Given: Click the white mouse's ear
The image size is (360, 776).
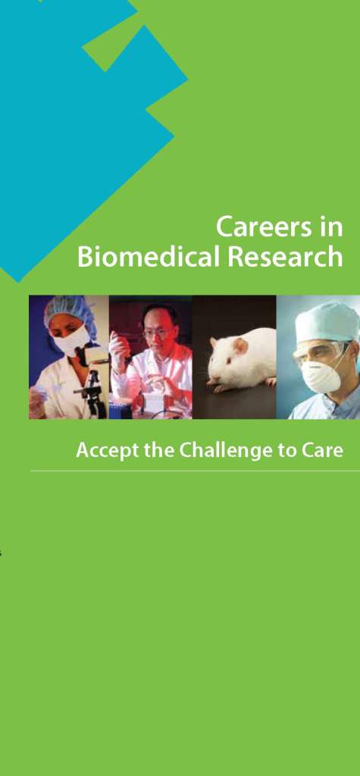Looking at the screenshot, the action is [x=243, y=346].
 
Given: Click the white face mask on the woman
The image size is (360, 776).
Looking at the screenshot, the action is [x=71, y=340].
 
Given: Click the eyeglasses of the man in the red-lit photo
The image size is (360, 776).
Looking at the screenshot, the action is [x=158, y=332].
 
